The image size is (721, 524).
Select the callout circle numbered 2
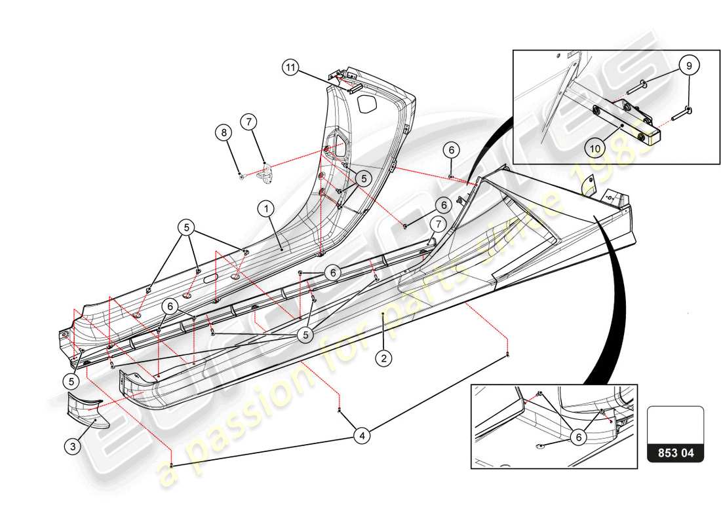(x=383, y=358)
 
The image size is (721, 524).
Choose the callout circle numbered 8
(x=224, y=133)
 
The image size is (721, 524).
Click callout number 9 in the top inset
(x=688, y=65)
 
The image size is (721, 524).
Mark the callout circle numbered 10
(x=594, y=149)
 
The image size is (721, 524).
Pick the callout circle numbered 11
(x=291, y=67)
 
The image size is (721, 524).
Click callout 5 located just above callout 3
(x=71, y=380)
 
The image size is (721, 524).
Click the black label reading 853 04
(x=675, y=453)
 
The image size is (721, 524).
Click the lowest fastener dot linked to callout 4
(x=171, y=465)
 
